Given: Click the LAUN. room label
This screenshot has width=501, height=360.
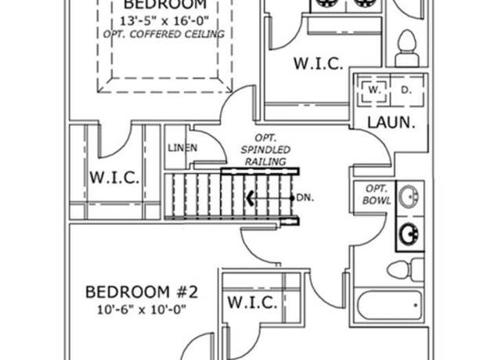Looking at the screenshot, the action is coord(391,123).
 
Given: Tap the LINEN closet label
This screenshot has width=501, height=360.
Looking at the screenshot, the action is coord(182,148).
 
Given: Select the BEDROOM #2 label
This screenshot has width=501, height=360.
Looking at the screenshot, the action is coord(142,292).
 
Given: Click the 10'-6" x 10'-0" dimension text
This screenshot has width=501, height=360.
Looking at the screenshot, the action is coord(142,310).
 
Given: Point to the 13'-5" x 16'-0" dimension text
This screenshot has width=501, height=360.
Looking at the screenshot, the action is coord(164,21).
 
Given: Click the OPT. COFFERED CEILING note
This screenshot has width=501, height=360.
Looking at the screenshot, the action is coord(164,34).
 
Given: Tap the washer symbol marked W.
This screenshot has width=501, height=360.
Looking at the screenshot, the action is coord(373,90).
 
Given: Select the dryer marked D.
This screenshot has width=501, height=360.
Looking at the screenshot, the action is coord(406,91).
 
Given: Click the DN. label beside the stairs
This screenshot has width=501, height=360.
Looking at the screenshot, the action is coord(305,198).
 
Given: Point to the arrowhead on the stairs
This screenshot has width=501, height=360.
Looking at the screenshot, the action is coord(250,198).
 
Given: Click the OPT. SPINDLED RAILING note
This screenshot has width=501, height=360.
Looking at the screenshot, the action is coord(265,149).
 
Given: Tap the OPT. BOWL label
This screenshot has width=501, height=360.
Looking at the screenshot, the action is coord(377,195).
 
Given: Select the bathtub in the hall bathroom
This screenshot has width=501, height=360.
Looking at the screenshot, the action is coord(388,305).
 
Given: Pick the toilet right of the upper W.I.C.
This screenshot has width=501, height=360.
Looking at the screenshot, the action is coord(407,48).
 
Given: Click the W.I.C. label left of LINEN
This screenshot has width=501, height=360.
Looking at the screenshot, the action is coord(114,178).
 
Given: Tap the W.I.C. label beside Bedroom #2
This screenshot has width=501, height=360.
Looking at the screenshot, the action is coord(252,302).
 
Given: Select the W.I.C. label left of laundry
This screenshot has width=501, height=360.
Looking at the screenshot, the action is coord(319,63).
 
